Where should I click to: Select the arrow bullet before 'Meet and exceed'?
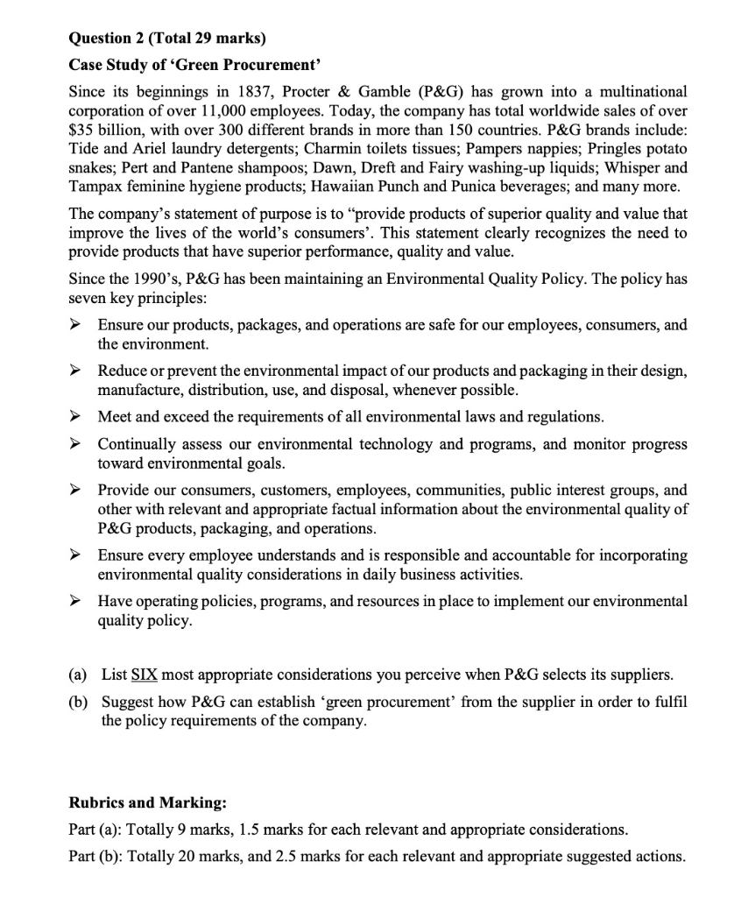click(78, 416)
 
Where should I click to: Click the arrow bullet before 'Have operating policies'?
click(78, 601)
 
